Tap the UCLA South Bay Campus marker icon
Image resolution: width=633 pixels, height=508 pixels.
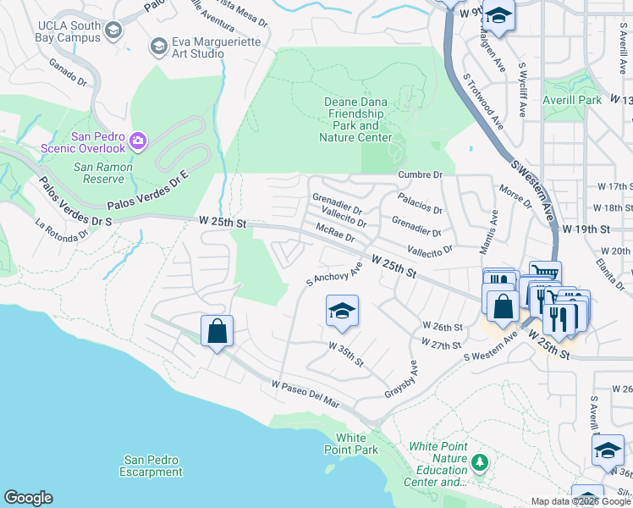coord(114,30)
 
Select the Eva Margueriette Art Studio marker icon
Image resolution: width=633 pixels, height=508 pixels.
coord(157,46)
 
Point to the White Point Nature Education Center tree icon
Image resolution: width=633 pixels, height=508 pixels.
coord(480,462)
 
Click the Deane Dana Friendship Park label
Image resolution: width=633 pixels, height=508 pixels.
coord(355,119)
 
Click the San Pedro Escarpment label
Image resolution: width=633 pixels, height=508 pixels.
coord(151,466)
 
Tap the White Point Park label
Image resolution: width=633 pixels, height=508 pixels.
coord(356,444)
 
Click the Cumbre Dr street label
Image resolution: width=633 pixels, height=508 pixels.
coord(420,174)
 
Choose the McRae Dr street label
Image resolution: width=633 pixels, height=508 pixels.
coord(335,233)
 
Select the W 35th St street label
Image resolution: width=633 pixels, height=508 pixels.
coord(346,355)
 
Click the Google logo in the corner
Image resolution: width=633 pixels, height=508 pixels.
coord(28,498)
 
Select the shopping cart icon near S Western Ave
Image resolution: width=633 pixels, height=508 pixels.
coord(545,273)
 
